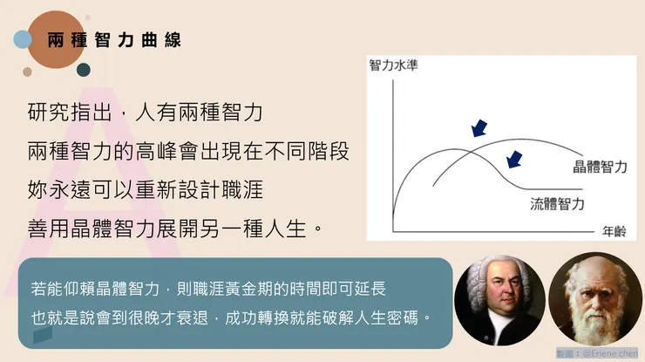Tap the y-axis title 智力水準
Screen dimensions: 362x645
(393, 65)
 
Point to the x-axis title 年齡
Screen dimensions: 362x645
(614, 231)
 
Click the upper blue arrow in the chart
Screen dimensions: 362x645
(478, 128)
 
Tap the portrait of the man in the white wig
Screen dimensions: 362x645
(499, 301)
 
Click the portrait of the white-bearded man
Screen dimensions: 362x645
(593, 301)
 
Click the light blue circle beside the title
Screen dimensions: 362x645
(23, 39)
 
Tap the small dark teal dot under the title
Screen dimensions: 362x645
(84, 70)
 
